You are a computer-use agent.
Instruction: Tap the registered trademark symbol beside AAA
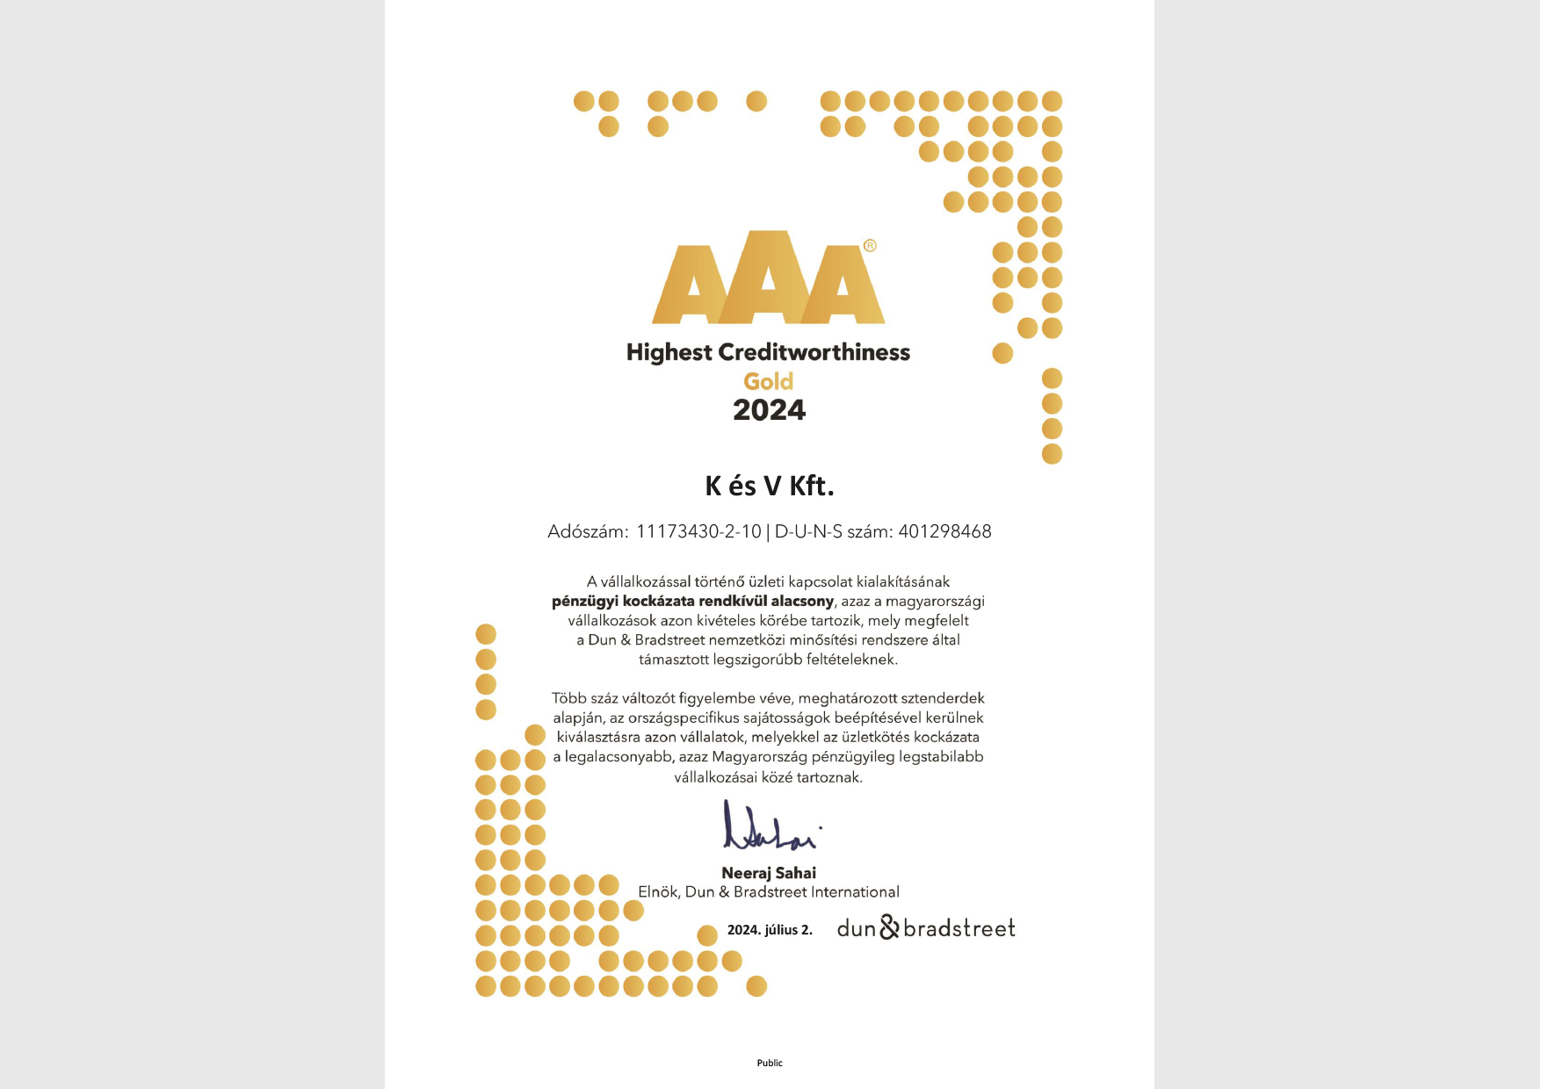click(x=870, y=246)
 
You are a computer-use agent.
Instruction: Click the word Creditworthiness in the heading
click(x=814, y=352)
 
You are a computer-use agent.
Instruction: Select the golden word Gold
click(x=769, y=382)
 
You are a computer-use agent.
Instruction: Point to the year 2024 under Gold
click(x=769, y=410)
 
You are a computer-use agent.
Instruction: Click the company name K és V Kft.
click(x=769, y=486)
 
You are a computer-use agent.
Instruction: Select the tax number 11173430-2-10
click(x=698, y=531)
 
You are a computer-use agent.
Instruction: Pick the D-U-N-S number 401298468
click(x=944, y=531)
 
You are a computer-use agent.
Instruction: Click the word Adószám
click(x=587, y=531)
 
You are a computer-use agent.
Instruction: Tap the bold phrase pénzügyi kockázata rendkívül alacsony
click(x=692, y=602)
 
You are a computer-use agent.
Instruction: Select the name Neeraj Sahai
click(x=769, y=873)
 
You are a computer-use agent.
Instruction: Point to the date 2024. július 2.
click(x=770, y=930)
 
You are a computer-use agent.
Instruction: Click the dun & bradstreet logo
click(x=926, y=928)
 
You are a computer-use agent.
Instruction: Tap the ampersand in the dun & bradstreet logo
click(x=889, y=927)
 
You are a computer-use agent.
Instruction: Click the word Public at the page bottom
click(x=770, y=1063)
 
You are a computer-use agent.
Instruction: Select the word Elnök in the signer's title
click(x=657, y=892)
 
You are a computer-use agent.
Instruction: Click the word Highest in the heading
click(x=669, y=352)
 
